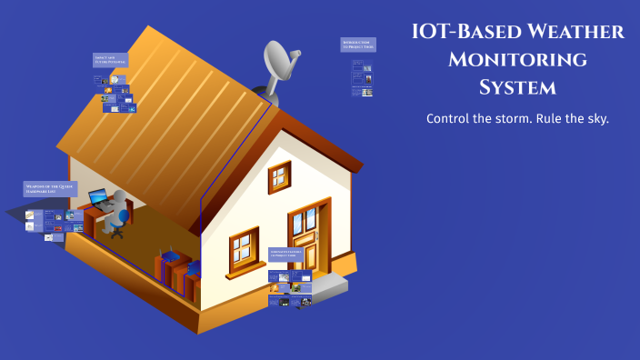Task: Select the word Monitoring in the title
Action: click(x=517, y=60)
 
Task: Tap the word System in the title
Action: click(x=516, y=88)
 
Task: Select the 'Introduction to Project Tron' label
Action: click(x=358, y=45)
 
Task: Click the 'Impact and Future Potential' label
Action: click(x=110, y=60)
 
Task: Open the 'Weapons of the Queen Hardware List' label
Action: click(x=50, y=189)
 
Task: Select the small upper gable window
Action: click(x=279, y=177)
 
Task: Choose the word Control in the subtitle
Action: click(x=450, y=119)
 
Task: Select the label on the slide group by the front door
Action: click(x=291, y=254)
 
